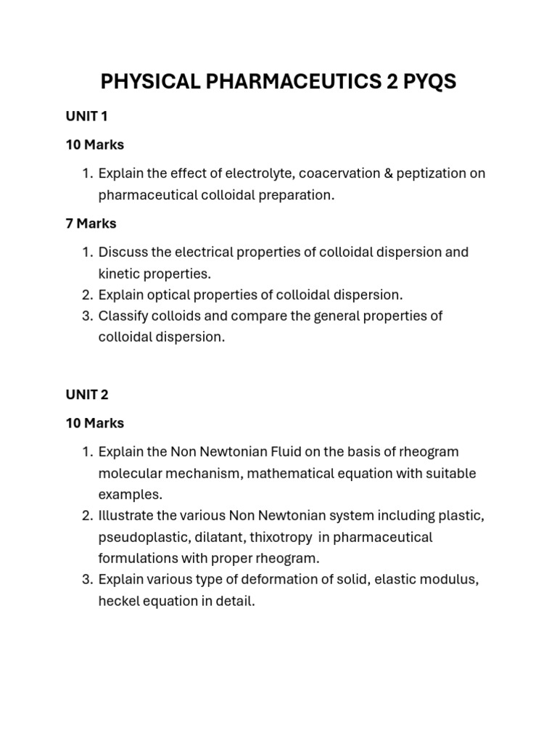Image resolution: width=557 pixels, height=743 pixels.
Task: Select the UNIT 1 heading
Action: click(86, 116)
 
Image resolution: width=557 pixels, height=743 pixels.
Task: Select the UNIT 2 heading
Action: click(86, 395)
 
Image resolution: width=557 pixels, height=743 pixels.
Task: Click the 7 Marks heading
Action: click(91, 223)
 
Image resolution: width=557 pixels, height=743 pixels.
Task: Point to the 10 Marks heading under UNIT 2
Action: click(94, 423)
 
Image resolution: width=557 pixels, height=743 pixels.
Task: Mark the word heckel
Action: click(120, 602)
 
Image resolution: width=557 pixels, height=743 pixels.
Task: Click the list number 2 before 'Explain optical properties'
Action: click(87, 295)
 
